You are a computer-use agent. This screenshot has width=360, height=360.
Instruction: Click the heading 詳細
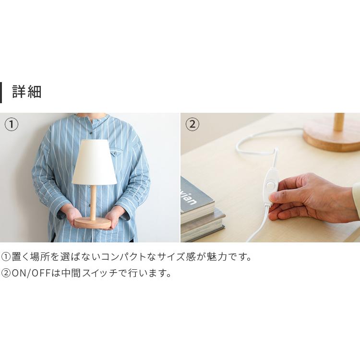(x=27, y=92)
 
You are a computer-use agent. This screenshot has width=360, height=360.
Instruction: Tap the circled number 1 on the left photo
(x=12, y=124)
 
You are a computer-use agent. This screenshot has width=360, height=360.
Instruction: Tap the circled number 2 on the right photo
(x=192, y=124)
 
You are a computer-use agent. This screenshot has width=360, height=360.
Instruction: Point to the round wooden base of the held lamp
(x=93, y=223)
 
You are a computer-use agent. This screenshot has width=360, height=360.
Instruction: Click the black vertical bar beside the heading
(x=1, y=92)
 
